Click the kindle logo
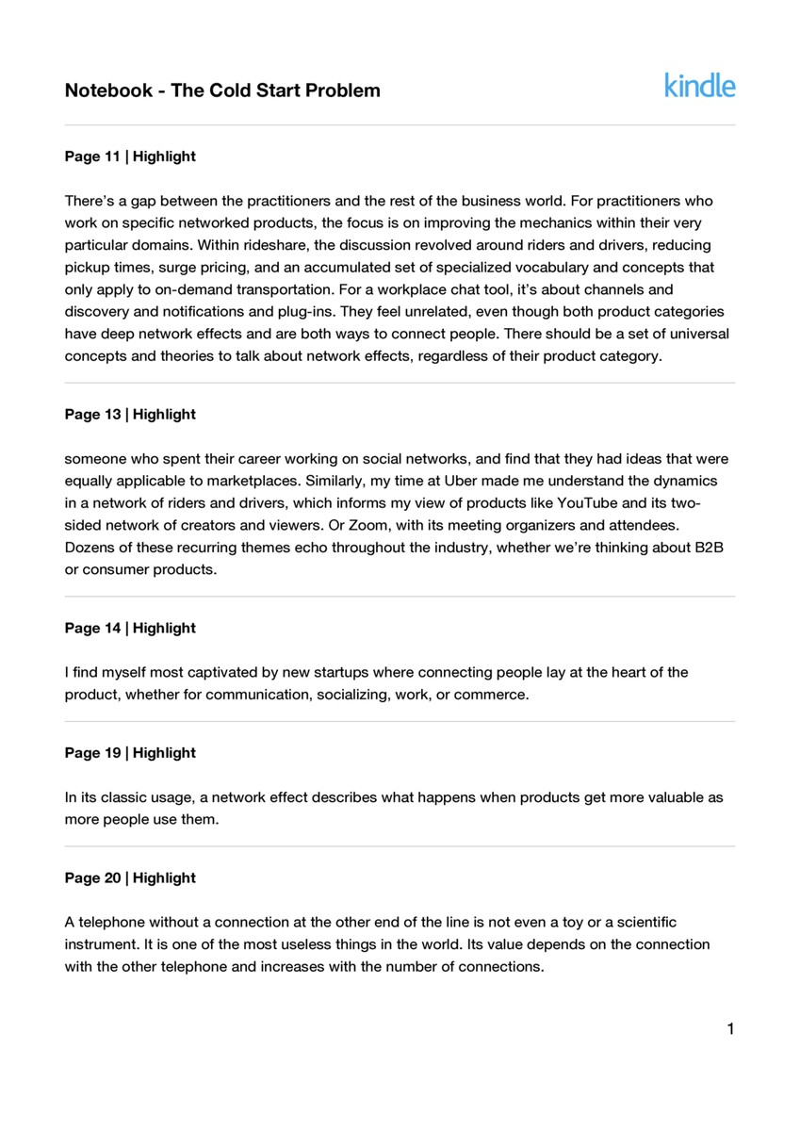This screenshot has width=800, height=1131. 699,86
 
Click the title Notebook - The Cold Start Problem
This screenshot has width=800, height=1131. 222,90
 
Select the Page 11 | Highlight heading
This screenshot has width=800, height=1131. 130,156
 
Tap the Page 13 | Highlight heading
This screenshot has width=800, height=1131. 130,414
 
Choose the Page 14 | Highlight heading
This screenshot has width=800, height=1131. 130,628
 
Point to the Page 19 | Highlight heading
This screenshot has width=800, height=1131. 130,752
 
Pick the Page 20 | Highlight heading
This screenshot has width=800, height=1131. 130,877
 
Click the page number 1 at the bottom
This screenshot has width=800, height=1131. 730,1028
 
